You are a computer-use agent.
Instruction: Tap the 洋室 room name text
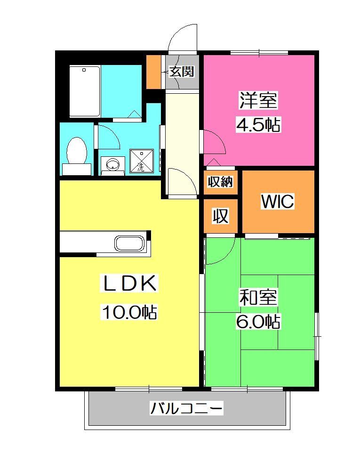259,100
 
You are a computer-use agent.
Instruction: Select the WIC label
278,202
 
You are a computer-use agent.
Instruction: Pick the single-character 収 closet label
220,216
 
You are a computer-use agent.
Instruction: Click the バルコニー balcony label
186,408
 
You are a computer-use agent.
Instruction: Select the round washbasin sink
112,164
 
